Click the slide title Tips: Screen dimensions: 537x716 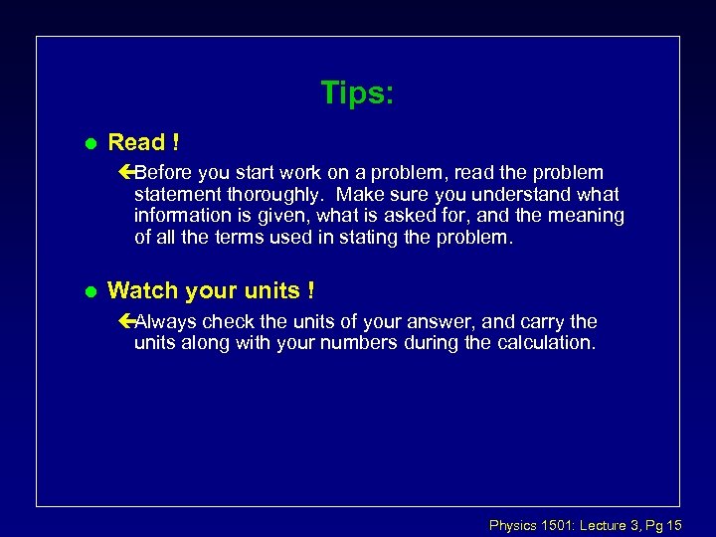pos(357,93)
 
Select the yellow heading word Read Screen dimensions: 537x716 pos(135,142)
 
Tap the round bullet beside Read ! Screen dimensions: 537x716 pos(89,143)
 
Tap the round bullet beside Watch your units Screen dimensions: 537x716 pos(89,291)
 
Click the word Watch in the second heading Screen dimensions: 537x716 pos(140,290)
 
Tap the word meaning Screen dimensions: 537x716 pos(590,216)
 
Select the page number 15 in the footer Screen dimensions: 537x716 pos(673,524)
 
